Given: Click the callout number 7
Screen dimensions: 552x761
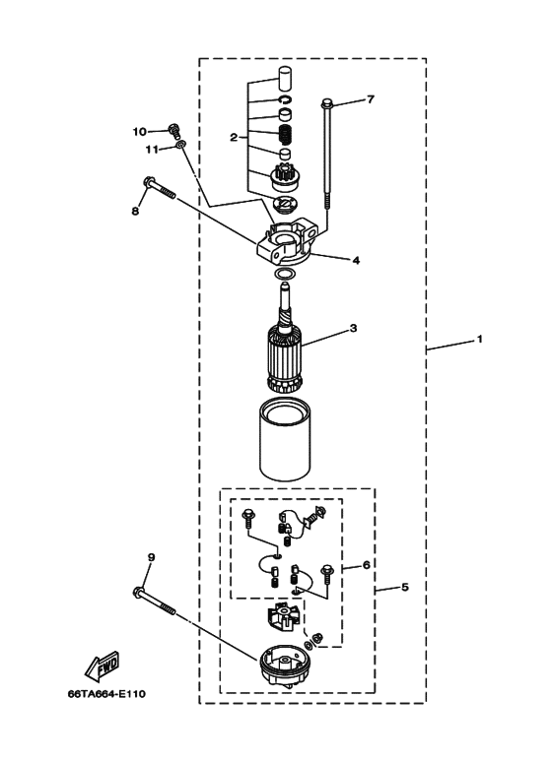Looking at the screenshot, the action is coord(371,99).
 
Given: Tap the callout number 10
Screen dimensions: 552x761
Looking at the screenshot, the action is coord(139,132).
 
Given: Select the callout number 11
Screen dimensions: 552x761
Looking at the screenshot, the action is coord(152,150).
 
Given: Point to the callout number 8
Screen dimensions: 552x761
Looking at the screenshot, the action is coord(135,211).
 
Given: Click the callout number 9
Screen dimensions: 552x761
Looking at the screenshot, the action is coord(151,557).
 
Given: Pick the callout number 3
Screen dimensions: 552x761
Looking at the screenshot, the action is coord(353,328).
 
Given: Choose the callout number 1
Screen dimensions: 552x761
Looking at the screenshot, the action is coord(480,339).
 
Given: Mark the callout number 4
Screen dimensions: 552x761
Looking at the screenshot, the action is coord(356,261).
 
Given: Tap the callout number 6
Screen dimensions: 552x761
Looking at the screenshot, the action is coord(367,565).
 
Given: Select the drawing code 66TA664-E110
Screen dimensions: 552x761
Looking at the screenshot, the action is coord(106,694).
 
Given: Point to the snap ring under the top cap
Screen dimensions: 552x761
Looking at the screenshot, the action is coord(285,99).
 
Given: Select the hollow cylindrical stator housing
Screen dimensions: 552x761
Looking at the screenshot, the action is coord(286,438).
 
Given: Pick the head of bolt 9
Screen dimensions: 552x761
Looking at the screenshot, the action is coord(138,592).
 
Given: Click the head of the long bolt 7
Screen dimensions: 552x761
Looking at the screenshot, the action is coord(326,103).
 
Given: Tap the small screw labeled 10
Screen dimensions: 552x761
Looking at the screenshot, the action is coord(173,132).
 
